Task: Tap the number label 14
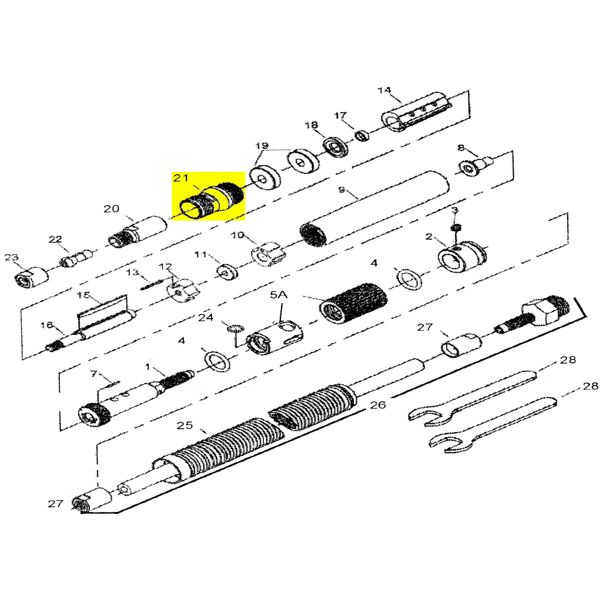384,90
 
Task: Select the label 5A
278,296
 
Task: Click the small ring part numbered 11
226,272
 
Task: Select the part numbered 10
266,255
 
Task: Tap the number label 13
132,272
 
